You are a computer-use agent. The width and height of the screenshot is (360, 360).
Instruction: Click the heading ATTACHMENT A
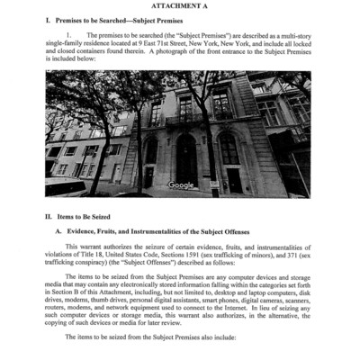[x=181, y=6]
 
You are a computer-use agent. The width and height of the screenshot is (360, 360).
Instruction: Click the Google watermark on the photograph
[x=181, y=184]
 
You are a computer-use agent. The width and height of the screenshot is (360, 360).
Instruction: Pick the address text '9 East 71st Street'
[x=165, y=42]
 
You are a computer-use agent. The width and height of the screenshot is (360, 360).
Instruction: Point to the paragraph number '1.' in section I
[x=68, y=34]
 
